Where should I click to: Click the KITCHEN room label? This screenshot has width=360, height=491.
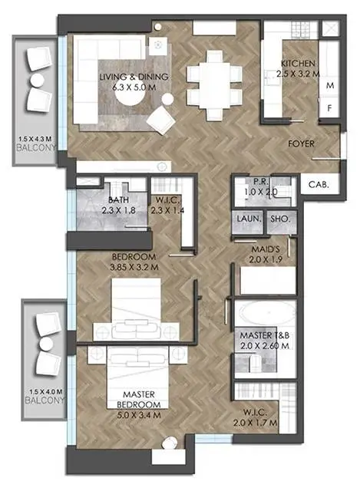298,63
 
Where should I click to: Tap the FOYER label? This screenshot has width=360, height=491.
301,143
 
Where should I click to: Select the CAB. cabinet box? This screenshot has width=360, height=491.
320,184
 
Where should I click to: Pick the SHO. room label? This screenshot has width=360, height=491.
280,219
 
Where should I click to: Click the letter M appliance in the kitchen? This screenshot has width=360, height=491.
330,85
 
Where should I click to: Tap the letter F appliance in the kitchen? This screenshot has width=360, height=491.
329,108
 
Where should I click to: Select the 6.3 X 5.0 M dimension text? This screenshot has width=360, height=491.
134,87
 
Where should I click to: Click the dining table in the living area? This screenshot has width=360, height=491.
215,84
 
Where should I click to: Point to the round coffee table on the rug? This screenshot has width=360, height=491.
130,101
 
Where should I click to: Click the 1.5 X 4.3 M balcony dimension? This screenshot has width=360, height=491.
35,138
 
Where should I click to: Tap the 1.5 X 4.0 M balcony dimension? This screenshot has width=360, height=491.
45,391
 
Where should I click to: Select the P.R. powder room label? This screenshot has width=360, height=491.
260,182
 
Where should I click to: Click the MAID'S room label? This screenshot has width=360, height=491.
266,249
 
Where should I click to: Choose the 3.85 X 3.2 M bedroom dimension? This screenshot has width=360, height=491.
134,268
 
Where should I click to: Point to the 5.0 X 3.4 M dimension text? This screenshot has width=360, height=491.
139,416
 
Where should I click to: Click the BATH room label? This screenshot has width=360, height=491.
118,199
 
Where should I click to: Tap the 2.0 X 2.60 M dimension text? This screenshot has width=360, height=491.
265,346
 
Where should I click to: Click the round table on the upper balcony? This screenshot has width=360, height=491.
38,80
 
